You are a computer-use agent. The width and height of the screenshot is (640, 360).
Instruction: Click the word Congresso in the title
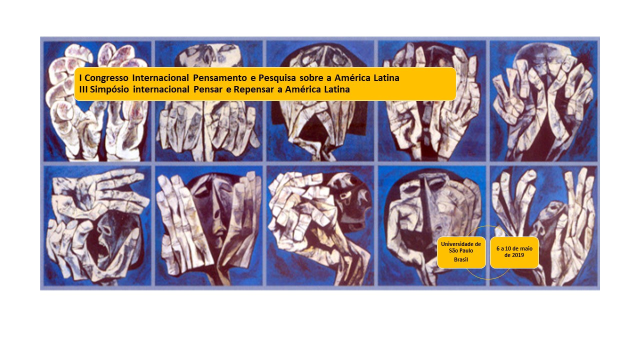pos(106,77)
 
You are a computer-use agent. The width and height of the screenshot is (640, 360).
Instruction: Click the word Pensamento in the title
pos(219,77)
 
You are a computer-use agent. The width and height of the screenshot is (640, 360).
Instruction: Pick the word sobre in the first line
pos(310,77)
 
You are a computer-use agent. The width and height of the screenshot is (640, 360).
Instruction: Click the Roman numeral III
pos(83,89)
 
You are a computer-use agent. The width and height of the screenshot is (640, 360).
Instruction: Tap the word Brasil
pos(461,259)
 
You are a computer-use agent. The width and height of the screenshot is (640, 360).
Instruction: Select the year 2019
pos(518,255)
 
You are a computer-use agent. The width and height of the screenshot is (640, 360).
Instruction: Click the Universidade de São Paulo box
pos(461,252)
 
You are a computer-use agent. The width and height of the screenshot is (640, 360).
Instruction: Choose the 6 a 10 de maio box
pos(514,252)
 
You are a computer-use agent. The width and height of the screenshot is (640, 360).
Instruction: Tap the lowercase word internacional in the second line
pos(161,89)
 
